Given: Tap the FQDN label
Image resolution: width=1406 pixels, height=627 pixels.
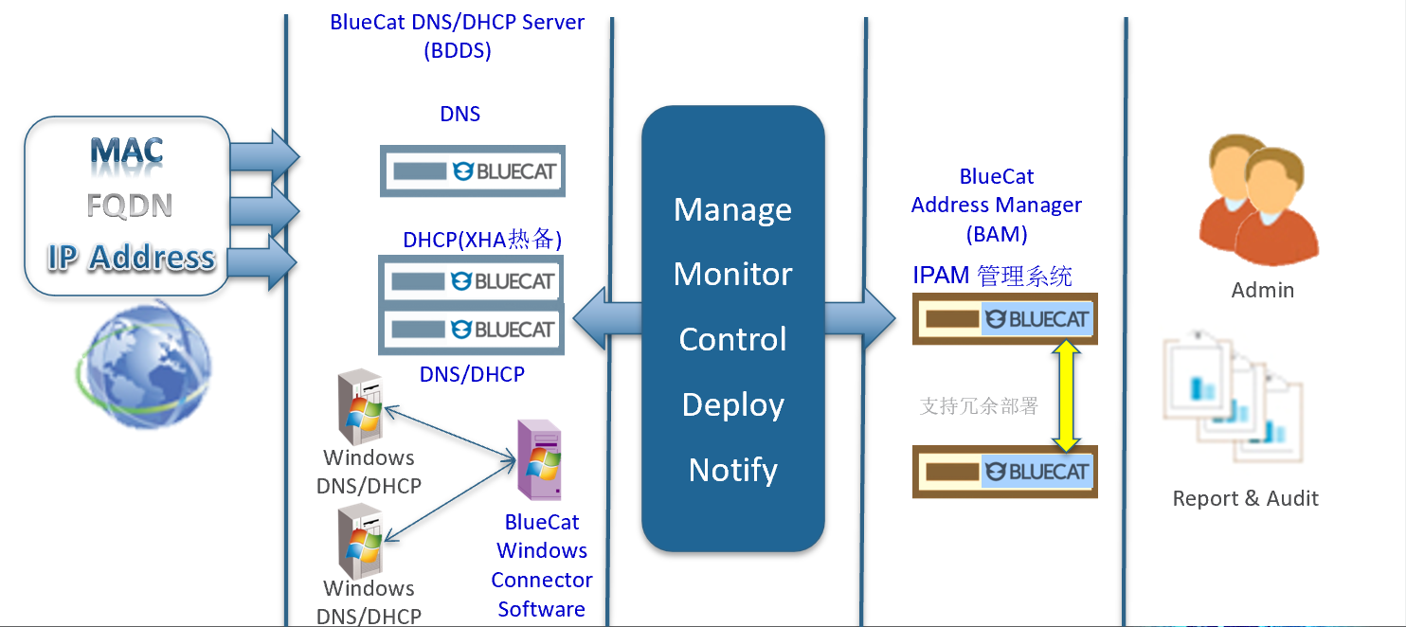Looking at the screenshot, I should coord(129,206).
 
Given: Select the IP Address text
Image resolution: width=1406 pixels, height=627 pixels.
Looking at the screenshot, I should coord(131,258).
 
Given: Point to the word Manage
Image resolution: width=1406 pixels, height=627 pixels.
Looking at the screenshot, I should coord(732,209).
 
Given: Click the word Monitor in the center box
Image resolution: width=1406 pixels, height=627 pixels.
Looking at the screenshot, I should coord(732,274).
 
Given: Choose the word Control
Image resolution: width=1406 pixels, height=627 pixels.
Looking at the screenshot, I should coord(732,339).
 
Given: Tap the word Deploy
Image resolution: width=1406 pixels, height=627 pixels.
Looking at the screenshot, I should coord(732,404).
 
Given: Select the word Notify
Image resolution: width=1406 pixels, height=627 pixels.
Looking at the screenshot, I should coord(732,470).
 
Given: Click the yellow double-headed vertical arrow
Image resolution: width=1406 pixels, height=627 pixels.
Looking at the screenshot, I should coord(1067,395).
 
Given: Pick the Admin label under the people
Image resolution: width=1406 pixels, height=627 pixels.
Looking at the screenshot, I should coord(1262,290).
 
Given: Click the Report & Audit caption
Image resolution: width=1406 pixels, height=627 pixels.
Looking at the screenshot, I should coord(1245,498).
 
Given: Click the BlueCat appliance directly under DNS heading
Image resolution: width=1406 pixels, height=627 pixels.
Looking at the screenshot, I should coord(473,171).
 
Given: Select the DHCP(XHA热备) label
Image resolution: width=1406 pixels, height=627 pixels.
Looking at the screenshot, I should coord(482,240).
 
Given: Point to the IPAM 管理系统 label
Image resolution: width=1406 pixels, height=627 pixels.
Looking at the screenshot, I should coord(992,276).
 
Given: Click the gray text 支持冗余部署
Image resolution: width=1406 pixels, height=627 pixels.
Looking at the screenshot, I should coord(979,406).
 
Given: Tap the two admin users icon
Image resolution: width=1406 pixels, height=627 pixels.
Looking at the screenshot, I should coord(1257,201).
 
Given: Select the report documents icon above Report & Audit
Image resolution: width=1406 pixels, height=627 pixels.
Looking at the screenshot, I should coord(1233,398).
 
